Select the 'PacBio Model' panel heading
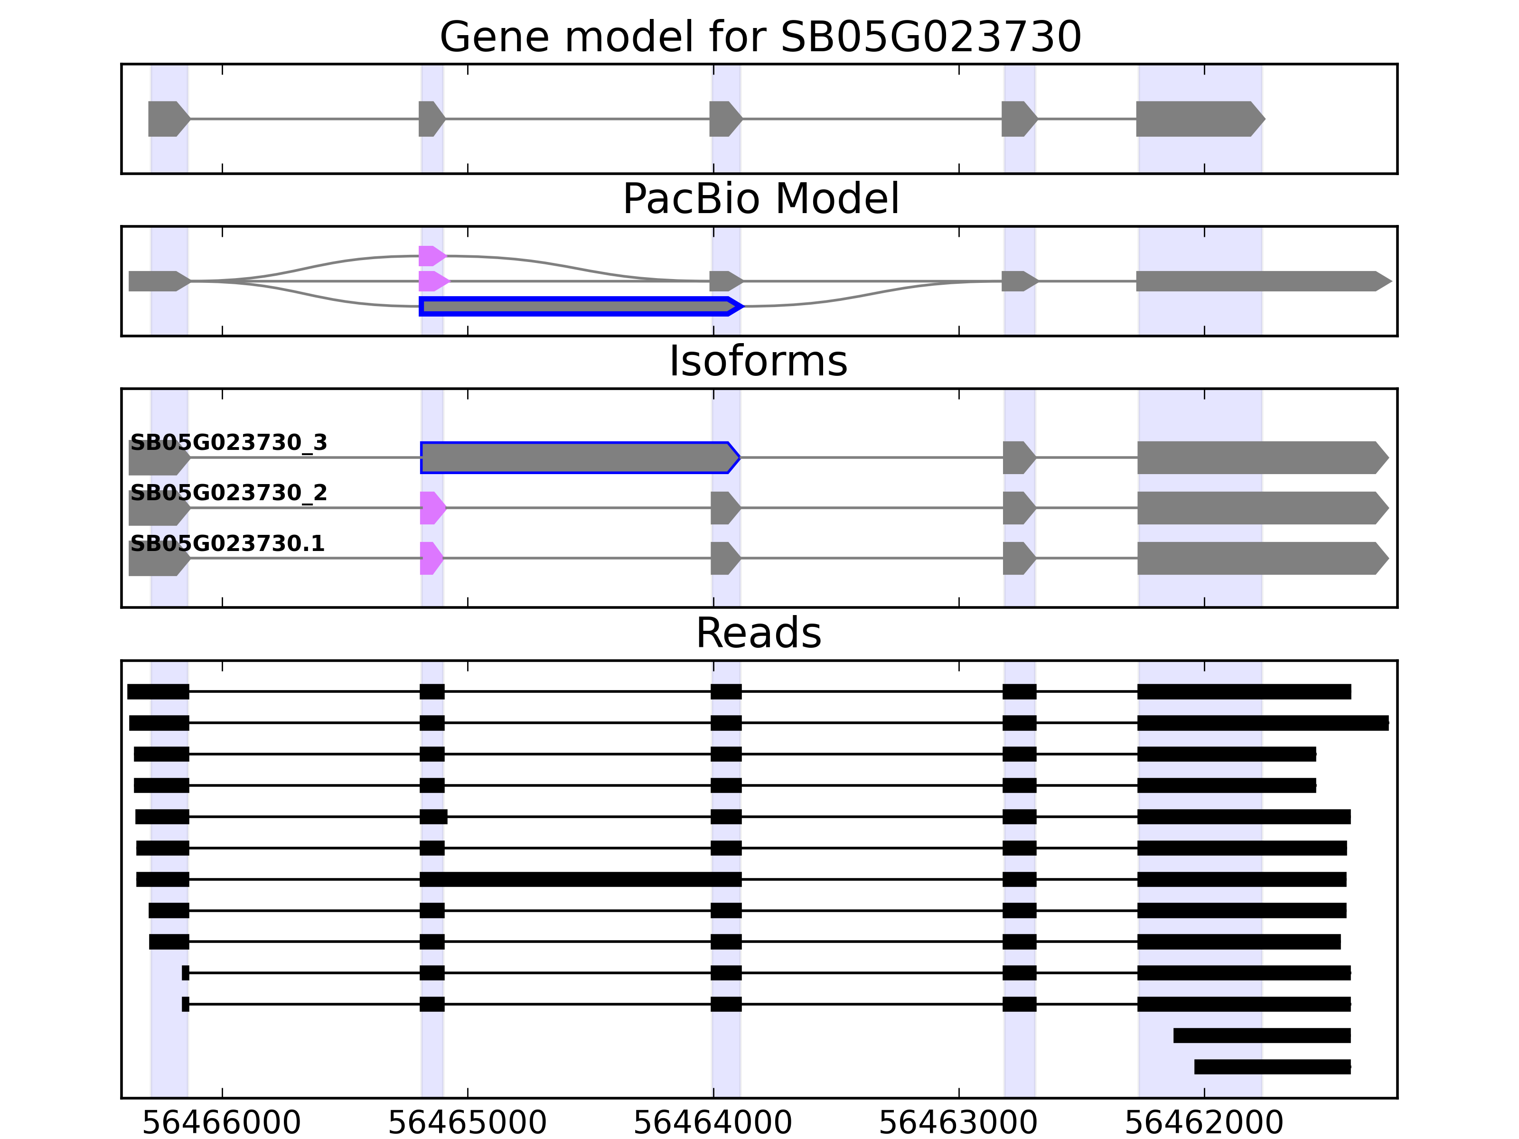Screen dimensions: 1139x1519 point(760,199)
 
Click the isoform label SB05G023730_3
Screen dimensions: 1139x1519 point(229,443)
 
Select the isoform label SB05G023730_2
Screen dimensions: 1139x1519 point(229,493)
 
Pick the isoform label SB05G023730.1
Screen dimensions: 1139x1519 point(227,544)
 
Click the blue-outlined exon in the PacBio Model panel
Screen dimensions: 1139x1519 point(580,306)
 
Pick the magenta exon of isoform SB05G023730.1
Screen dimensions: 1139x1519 point(431,558)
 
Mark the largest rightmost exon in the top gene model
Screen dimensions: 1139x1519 point(1198,119)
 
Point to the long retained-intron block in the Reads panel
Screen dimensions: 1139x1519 point(580,879)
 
